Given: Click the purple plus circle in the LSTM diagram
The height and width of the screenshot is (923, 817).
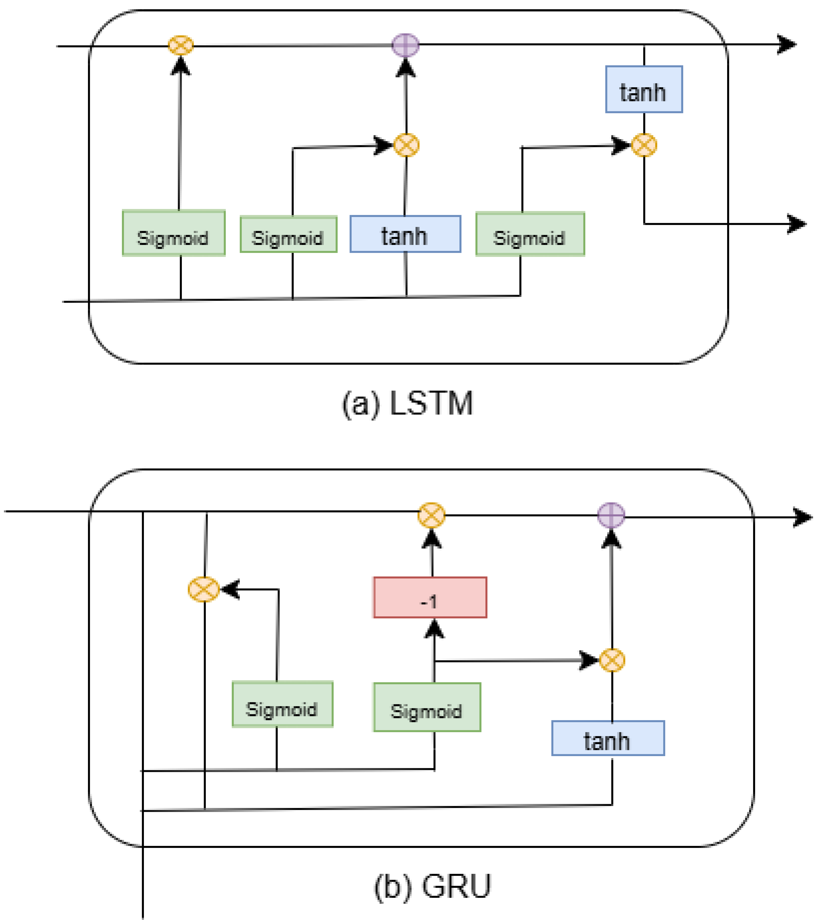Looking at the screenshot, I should (405, 45).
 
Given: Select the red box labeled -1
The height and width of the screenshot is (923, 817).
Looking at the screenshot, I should (430, 597).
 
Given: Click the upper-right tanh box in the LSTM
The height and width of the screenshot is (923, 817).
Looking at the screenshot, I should (644, 89).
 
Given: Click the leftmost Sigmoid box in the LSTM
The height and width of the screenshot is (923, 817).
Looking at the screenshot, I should (173, 233).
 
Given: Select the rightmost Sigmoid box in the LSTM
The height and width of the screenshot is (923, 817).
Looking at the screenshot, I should (530, 234).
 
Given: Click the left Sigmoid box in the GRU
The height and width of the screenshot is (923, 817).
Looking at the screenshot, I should (282, 704).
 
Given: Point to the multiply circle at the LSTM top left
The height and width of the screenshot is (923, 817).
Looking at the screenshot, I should (181, 45).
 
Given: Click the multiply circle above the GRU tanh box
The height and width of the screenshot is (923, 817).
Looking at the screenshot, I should (612, 660).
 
